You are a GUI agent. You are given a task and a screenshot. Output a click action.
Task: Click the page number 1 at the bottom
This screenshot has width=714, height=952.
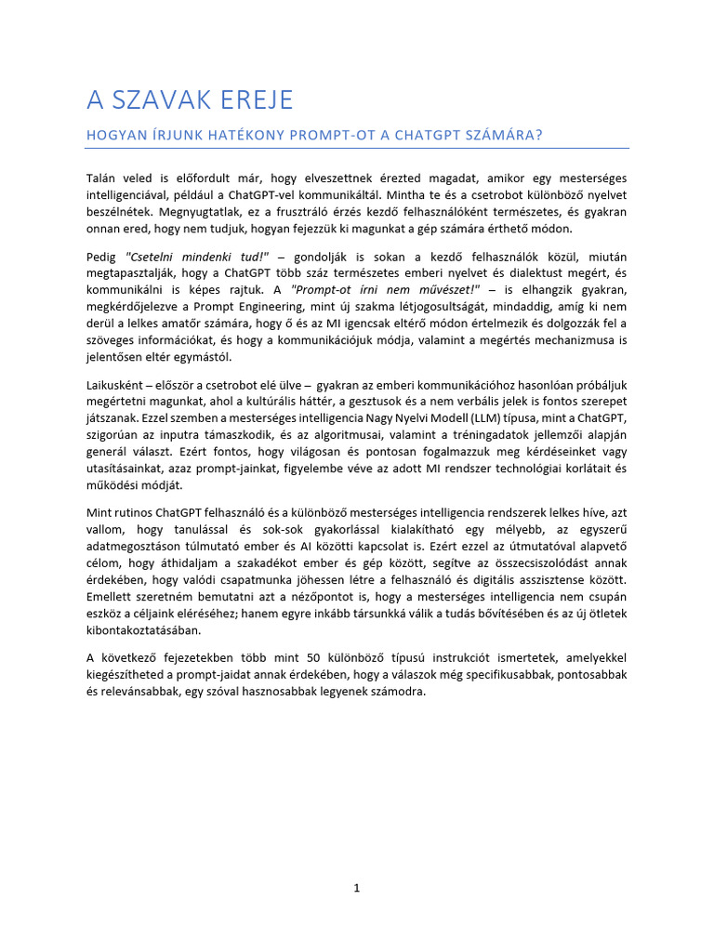click(356, 888)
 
